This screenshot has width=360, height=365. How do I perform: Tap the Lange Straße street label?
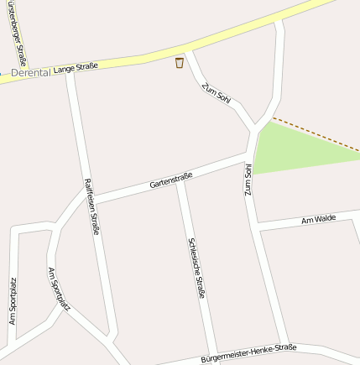click(x=75, y=66)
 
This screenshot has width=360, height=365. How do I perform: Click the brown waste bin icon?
click(x=180, y=63)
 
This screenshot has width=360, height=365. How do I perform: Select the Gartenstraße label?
click(x=171, y=179)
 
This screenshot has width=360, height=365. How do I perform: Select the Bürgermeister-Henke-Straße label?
click(x=248, y=353)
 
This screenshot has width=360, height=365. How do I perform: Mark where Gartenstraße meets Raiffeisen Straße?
click(x=90, y=200)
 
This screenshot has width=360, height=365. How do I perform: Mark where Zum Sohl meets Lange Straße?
click(x=189, y=53)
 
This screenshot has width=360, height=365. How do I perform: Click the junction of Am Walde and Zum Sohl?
click(x=257, y=226)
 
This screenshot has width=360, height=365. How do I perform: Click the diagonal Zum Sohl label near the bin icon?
click(x=215, y=95)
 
